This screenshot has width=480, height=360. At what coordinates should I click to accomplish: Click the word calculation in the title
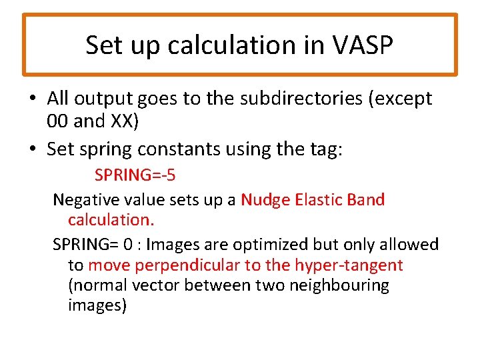(x=232, y=45)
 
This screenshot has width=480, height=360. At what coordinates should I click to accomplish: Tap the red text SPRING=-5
(x=135, y=175)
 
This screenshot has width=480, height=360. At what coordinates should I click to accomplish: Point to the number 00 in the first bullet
(x=58, y=121)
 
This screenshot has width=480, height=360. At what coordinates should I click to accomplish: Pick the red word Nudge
(x=264, y=199)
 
